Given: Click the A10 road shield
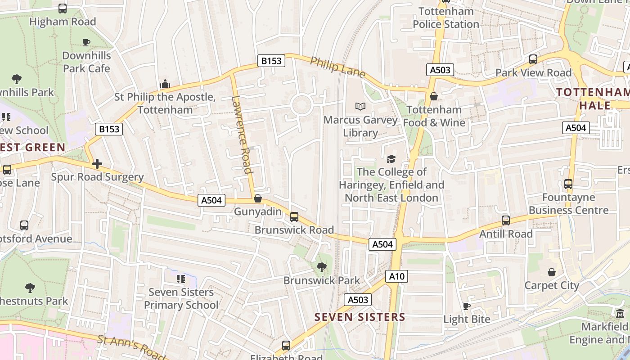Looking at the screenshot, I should point(396,276).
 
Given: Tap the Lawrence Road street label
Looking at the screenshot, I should point(242,134).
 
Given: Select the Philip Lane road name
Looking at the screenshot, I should point(337,67).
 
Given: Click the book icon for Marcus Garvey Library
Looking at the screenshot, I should point(360,106).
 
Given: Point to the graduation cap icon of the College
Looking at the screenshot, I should point(391,159).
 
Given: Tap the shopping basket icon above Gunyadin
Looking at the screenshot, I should point(258,198).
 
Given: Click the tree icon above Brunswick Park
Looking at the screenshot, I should point(321,267).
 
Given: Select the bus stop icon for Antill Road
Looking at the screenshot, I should point(506,220).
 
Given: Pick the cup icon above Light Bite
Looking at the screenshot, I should point(467,306).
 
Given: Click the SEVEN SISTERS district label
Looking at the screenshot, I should point(360,317).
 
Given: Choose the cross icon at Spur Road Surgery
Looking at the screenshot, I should point(97,164).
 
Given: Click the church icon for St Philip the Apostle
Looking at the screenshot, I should point(165,84).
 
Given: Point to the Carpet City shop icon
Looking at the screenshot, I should point(552,272).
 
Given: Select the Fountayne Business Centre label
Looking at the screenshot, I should point(568,204).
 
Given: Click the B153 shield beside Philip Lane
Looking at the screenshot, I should point(271,61).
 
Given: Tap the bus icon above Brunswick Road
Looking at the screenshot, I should point(294,217).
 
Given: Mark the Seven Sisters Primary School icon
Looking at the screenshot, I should point(181,279).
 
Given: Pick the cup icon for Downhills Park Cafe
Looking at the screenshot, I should point(86,42).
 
